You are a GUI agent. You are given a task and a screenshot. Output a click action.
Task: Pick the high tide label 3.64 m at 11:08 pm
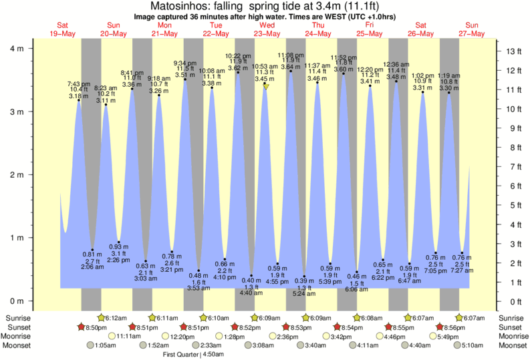[291, 67]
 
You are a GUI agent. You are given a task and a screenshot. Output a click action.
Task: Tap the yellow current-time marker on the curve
[266, 87]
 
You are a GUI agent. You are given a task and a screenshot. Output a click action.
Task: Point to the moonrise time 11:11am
[130, 337]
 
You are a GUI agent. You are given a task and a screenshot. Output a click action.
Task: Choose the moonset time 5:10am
[473, 345]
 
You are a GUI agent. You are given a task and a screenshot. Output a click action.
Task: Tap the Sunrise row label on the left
[19, 318]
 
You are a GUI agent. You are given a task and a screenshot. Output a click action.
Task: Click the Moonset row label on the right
[511, 345]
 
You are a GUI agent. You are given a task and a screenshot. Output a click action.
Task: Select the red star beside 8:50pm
[82, 327]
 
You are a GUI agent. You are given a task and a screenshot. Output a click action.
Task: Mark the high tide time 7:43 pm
[79, 83]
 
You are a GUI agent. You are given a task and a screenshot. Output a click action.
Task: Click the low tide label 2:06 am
[92, 266]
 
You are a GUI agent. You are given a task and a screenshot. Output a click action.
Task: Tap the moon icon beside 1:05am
[90, 345]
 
